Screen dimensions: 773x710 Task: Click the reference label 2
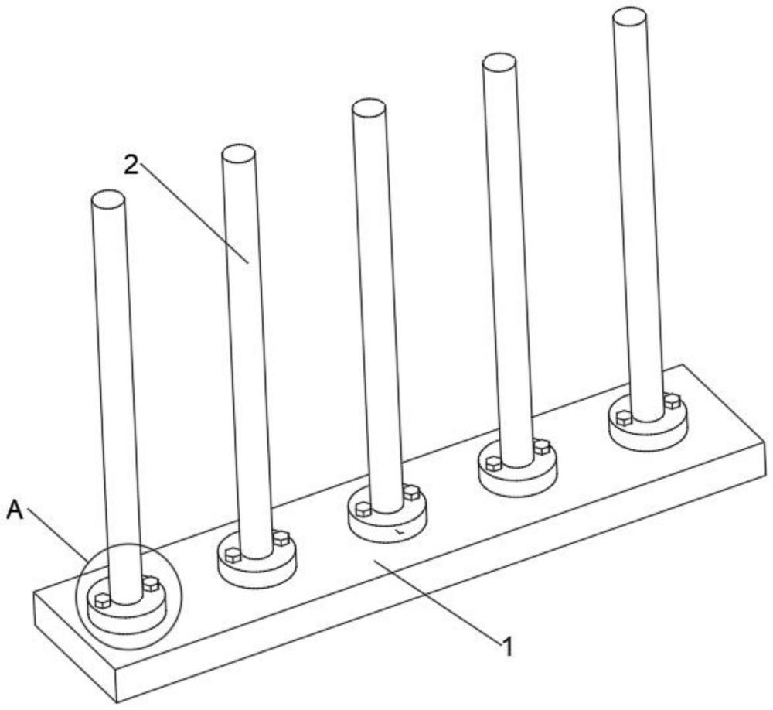click(131, 166)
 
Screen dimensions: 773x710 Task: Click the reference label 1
click(507, 646)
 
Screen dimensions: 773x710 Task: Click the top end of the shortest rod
click(108, 199)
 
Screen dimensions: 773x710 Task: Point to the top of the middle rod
click(369, 108)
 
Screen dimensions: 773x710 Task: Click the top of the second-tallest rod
click(499, 62)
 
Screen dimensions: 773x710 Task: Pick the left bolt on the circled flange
click(102, 600)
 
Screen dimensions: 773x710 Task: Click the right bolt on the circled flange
click(151, 584)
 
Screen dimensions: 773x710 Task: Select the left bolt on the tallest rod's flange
click(624, 418)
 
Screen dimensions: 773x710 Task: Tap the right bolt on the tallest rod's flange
click(672, 401)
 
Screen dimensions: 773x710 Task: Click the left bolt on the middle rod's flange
click(363, 509)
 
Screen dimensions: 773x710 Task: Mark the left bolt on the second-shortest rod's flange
click(233, 555)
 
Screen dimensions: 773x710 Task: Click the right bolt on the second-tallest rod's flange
click(543, 447)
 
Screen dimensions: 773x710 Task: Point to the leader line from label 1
click(436, 601)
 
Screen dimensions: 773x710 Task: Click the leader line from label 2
click(196, 215)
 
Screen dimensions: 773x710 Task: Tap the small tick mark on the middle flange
click(400, 532)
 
